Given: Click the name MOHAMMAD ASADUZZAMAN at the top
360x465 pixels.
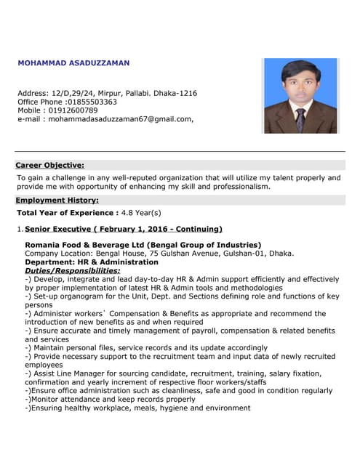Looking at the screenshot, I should (73, 63).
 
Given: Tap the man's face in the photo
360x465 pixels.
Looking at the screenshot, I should (300, 81).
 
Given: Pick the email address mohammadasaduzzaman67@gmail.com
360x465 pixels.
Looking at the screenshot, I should (120, 119).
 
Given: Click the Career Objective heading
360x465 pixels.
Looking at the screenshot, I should (49, 165).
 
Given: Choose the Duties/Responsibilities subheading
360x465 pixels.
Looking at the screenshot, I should (73, 270).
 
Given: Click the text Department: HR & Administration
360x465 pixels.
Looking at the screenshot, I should (91, 262).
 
